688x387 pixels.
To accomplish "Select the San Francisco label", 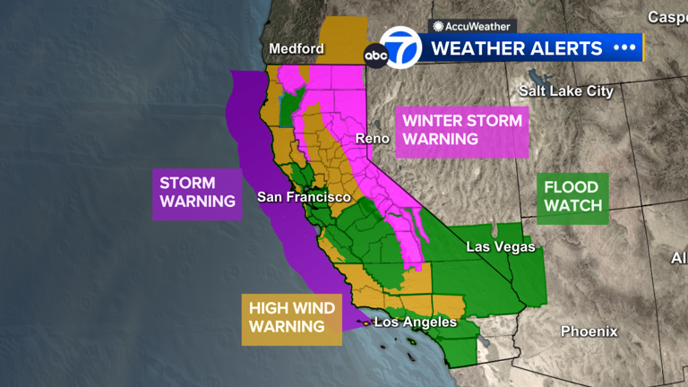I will point(303,196).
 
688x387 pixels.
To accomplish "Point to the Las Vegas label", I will point(501,246).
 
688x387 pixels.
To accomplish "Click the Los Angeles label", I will point(415,322).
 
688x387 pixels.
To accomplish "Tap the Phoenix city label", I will point(589,331).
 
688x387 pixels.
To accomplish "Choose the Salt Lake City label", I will point(567,90).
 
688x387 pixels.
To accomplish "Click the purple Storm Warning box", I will point(197,192).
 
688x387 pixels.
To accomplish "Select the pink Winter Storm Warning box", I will point(461,130).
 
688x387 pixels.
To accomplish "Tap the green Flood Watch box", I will point(572,198).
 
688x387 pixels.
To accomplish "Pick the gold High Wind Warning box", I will point(292,317).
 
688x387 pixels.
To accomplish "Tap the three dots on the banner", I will point(623,47).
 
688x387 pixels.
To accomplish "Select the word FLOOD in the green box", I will point(572,189).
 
